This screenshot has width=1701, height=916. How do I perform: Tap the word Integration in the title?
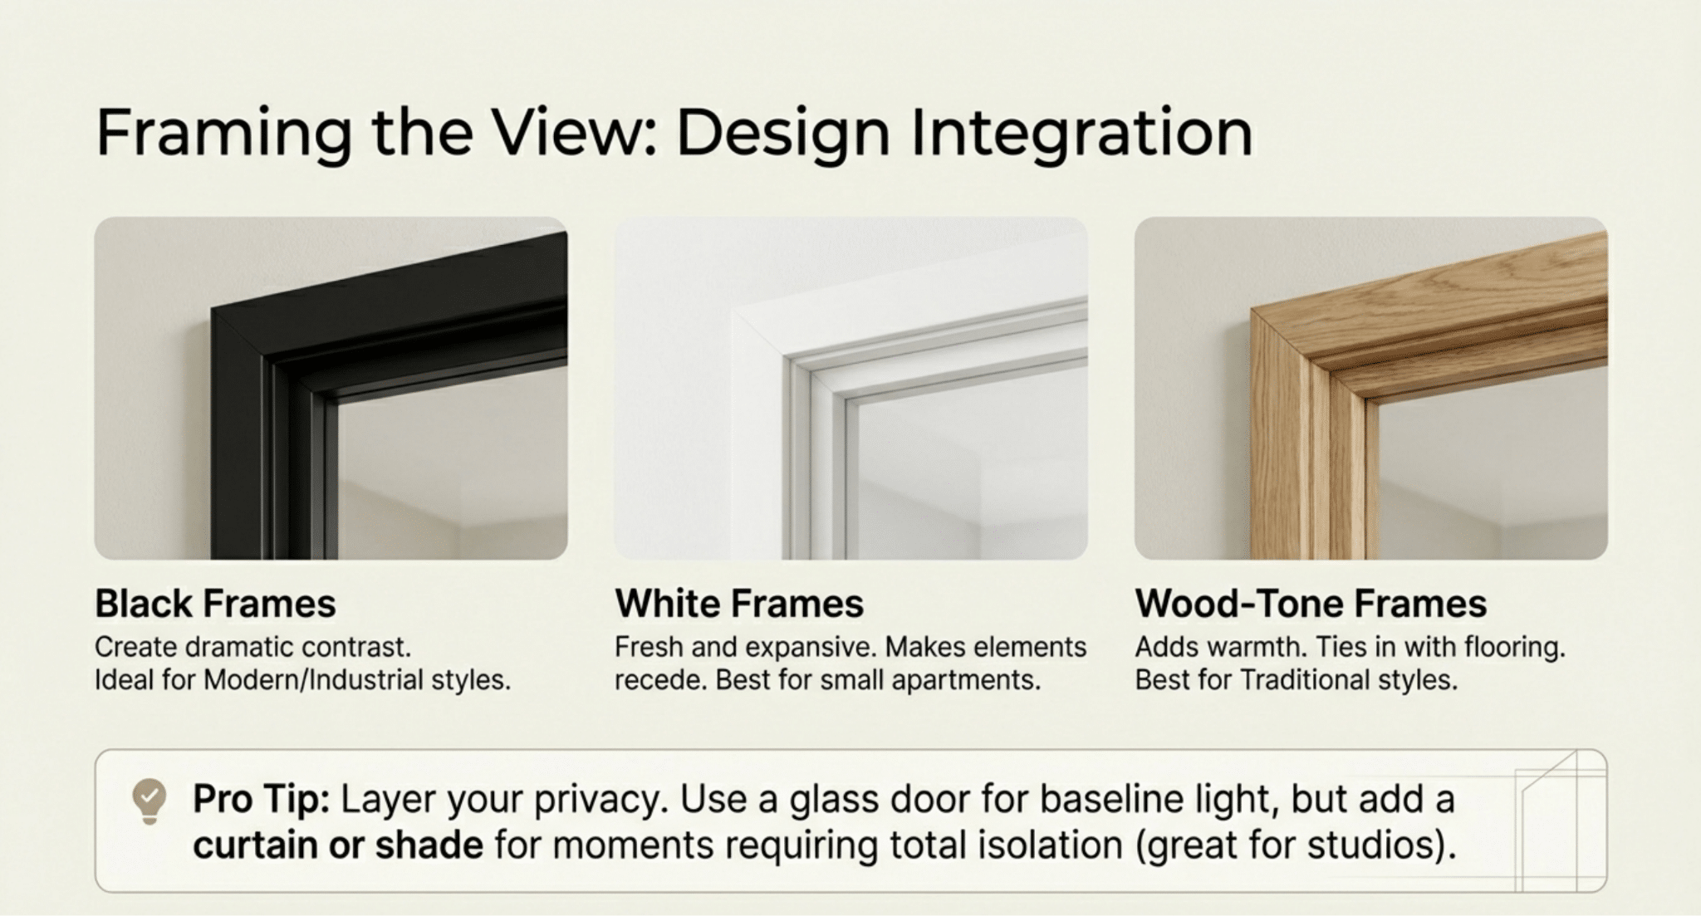click(1081, 133)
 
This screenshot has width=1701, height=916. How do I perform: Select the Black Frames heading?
click(215, 604)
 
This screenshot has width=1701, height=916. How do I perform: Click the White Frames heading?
click(739, 604)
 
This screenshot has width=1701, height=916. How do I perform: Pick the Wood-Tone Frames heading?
click(1311, 604)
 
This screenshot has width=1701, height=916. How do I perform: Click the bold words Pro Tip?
click(262, 800)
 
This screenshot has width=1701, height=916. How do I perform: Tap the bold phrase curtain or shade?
click(338, 845)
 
